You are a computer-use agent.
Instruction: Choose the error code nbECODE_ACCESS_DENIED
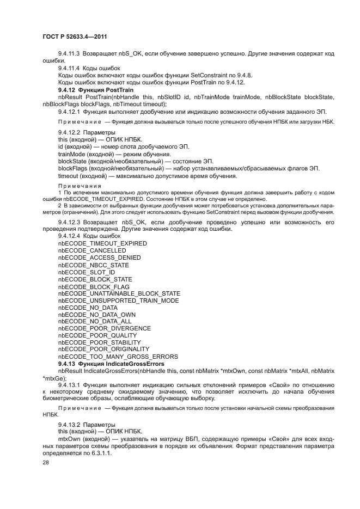pyautogui.click(x=99, y=257)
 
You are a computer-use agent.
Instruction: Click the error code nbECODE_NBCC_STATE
pyautogui.click(x=93, y=265)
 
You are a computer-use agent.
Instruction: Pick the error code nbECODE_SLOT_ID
pyautogui.click(x=86, y=272)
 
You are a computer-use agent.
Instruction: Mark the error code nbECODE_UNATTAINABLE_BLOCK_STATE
pyautogui.click(x=119, y=293)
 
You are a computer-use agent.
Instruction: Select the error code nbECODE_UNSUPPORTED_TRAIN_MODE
pyautogui.click(x=118, y=301)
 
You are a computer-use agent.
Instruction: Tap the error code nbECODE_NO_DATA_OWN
pyautogui.click(x=96, y=315)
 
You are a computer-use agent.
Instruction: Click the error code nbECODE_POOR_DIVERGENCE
pyautogui.click(x=104, y=329)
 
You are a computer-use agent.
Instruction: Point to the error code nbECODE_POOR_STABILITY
pyautogui.click(x=99, y=342)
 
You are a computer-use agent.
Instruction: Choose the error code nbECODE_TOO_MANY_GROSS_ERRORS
pyautogui.click(x=118, y=357)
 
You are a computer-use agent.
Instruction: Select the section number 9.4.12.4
pyautogui.click(x=69, y=236)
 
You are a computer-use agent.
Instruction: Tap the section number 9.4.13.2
pyautogui.click(x=69, y=424)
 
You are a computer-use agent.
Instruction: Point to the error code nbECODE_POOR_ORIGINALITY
pyautogui.click(x=103, y=349)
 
